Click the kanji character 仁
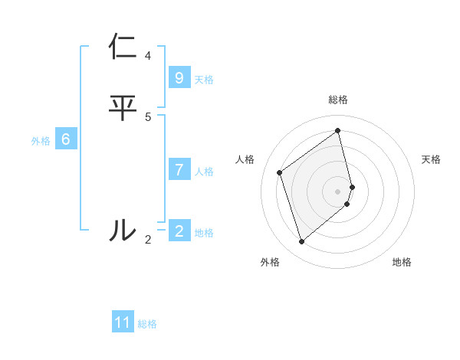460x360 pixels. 123,47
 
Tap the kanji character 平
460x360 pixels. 123,108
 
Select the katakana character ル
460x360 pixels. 123,230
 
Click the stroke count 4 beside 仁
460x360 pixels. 148,55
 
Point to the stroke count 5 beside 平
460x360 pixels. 148,116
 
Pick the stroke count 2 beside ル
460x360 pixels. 148,239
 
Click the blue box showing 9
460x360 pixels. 179,78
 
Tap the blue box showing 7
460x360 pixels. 179,169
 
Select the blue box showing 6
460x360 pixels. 66,139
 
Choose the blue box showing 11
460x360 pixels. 123,322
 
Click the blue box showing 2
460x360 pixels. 179,231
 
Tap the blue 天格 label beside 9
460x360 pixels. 204,80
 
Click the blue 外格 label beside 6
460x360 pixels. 41,141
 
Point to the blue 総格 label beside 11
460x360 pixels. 147,324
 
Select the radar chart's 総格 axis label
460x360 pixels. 338,100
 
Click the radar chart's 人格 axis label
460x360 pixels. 245,159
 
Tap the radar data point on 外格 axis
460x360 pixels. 301,242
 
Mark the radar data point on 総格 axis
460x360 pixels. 338,131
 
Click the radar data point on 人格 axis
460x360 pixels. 280,172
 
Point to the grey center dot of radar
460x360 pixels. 338,191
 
